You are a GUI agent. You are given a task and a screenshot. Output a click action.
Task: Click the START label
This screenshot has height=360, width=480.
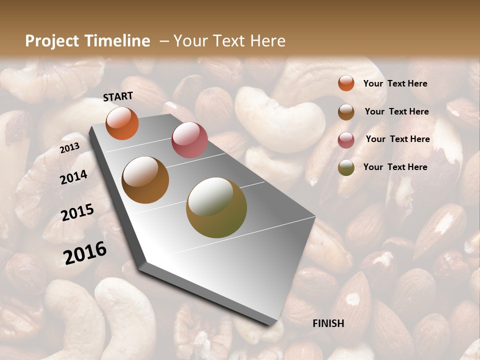118,96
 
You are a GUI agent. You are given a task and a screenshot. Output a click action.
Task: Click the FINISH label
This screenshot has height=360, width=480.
328,323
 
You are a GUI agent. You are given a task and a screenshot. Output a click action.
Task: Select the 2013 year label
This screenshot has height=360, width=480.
69,147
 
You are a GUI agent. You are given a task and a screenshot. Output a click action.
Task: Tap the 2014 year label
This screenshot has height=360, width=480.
73,177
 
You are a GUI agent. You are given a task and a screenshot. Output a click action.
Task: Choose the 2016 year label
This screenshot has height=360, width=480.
84,252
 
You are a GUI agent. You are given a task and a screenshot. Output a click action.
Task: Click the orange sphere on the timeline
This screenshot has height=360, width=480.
122,123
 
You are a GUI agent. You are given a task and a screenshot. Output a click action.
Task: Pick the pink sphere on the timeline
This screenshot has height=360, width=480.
189,140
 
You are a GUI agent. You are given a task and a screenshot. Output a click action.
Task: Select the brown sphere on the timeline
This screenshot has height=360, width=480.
145,180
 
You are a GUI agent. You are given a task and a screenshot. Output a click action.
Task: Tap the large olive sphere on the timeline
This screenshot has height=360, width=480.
216,207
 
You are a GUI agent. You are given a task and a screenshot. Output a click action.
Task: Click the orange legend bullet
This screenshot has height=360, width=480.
346,83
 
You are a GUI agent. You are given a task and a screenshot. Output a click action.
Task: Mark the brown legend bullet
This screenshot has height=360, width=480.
346,112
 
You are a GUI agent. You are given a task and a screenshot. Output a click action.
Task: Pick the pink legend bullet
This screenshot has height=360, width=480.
346,139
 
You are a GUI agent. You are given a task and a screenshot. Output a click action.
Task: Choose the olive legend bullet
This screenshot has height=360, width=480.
346,167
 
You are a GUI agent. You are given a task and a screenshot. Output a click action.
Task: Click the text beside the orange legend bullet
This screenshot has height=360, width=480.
395,84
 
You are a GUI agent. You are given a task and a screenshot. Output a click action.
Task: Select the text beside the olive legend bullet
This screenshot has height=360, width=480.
395,167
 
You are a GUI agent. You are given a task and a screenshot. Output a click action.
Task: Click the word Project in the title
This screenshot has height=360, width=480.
52,41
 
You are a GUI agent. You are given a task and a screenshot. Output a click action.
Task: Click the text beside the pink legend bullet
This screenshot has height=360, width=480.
397,139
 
